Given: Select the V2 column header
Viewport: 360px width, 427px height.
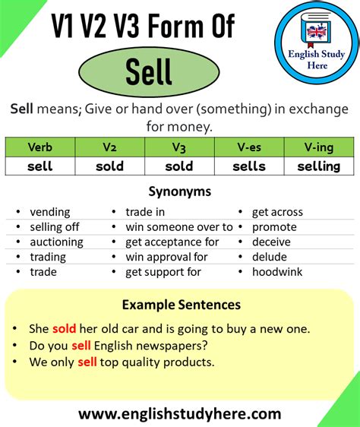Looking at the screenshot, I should click(x=109, y=147).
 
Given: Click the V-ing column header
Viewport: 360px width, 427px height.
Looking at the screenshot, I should click(x=319, y=147).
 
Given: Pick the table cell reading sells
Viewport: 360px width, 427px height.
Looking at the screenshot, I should click(x=248, y=166).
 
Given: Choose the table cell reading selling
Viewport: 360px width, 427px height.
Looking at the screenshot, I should click(x=319, y=166).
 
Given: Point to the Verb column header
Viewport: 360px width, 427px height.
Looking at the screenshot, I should click(x=39, y=147).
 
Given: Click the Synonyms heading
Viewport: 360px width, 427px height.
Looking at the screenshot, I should click(x=179, y=192).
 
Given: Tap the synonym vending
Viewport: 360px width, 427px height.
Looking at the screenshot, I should click(x=50, y=212).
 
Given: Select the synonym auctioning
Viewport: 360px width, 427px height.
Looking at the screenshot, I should click(x=57, y=242).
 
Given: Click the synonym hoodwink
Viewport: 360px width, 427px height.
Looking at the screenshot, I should click(x=276, y=271).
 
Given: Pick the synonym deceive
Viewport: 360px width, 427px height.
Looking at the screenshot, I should click(x=272, y=242).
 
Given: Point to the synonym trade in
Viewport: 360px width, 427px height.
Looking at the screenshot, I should click(x=145, y=212).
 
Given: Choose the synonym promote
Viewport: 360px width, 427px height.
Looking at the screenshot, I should click(x=274, y=226).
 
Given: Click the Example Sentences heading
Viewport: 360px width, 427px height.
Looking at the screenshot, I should click(x=181, y=305).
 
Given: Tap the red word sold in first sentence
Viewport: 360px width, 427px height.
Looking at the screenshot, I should click(x=64, y=329).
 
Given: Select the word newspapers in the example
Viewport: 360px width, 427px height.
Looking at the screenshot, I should click(x=173, y=346).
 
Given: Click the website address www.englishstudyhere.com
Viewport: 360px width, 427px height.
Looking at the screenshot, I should click(x=179, y=414).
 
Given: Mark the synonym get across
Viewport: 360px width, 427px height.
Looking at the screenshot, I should click(x=277, y=212).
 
